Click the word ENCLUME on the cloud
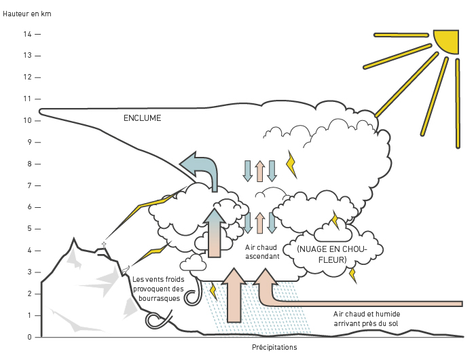[x=142, y=118]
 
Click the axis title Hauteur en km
[x=27, y=14]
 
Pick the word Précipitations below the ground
[x=274, y=347]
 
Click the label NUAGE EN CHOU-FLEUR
[x=333, y=254]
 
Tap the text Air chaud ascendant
[x=262, y=252]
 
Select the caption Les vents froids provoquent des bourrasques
[x=158, y=289]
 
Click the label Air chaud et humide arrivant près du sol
[x=367, y=319]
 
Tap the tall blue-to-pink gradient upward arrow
[x=215, y=233]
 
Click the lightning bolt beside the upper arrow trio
[x=292, y=164]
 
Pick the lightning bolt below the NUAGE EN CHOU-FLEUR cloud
[x=352, y=275]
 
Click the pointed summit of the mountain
[x=74, y=239]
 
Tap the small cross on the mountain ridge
[x=104, y=245]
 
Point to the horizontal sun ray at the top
[x=401, y=35]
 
